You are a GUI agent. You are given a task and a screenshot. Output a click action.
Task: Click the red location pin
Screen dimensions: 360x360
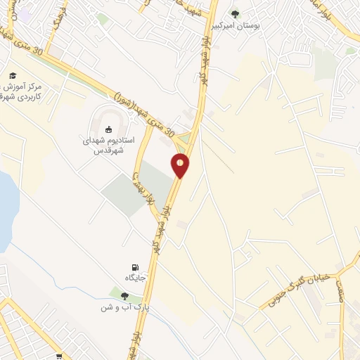pos(181,165)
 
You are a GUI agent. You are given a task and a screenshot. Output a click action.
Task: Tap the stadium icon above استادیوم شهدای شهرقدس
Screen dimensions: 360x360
pos(108,129)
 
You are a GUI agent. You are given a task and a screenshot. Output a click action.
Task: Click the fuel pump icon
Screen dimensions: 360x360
pos(134,267)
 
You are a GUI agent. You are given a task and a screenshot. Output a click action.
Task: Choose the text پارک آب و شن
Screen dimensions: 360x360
pos(116,307)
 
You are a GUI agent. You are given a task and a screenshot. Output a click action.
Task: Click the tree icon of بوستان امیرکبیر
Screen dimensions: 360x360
pos(235,13)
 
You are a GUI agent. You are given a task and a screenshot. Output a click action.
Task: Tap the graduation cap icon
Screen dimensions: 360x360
pos(13,75)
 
